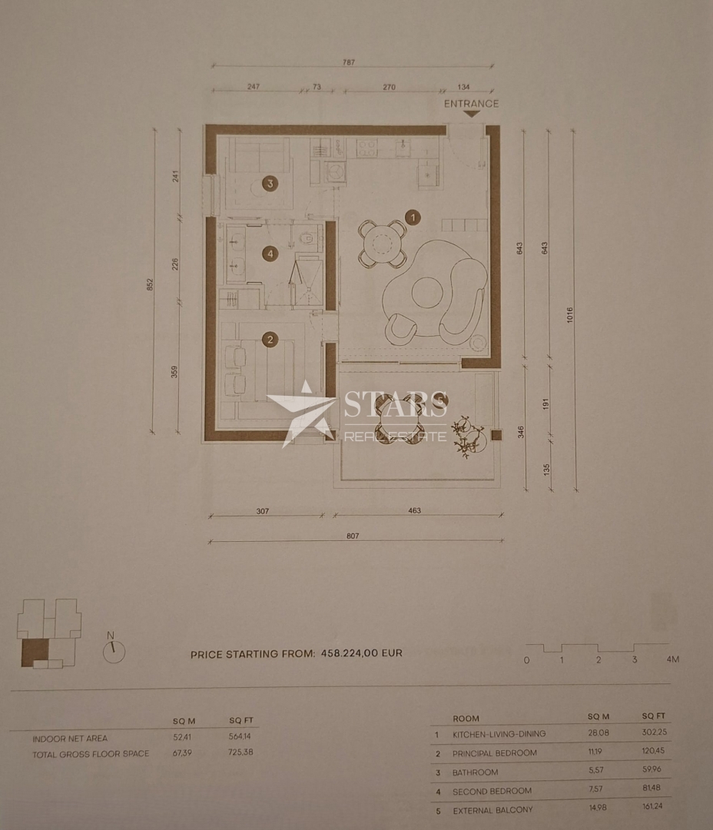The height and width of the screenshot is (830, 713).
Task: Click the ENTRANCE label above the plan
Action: click(x=471, y=104)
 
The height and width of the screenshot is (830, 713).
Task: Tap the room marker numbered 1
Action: click(x=413, y=217)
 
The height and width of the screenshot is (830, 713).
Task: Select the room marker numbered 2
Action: click(x=270, y=338)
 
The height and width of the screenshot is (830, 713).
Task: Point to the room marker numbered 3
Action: click(x=270, y=183)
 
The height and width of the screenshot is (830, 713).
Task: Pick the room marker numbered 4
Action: click(x=270, y=252)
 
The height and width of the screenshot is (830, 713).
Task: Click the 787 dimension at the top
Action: click(x=350, y=63)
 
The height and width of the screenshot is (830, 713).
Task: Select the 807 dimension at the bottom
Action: click(x=354, y=536)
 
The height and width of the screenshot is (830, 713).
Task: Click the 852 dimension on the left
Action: click(x=151, y=284)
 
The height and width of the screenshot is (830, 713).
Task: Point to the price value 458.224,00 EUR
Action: click(x=360, y=654)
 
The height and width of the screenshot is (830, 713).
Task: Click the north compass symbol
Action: click(x=114, y=650)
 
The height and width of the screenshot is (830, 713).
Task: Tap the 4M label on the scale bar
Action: click(x=673, y=659)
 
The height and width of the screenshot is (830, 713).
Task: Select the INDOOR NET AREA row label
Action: click(x=70, y=739)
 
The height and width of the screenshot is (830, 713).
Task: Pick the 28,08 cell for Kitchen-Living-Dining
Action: click(x=598, y=734)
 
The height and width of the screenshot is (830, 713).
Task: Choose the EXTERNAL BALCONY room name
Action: click(x=492, y=810)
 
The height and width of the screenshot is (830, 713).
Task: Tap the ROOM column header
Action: click(x=466, y=719)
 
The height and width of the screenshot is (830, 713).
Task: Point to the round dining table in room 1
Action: click(x=382, y=244)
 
